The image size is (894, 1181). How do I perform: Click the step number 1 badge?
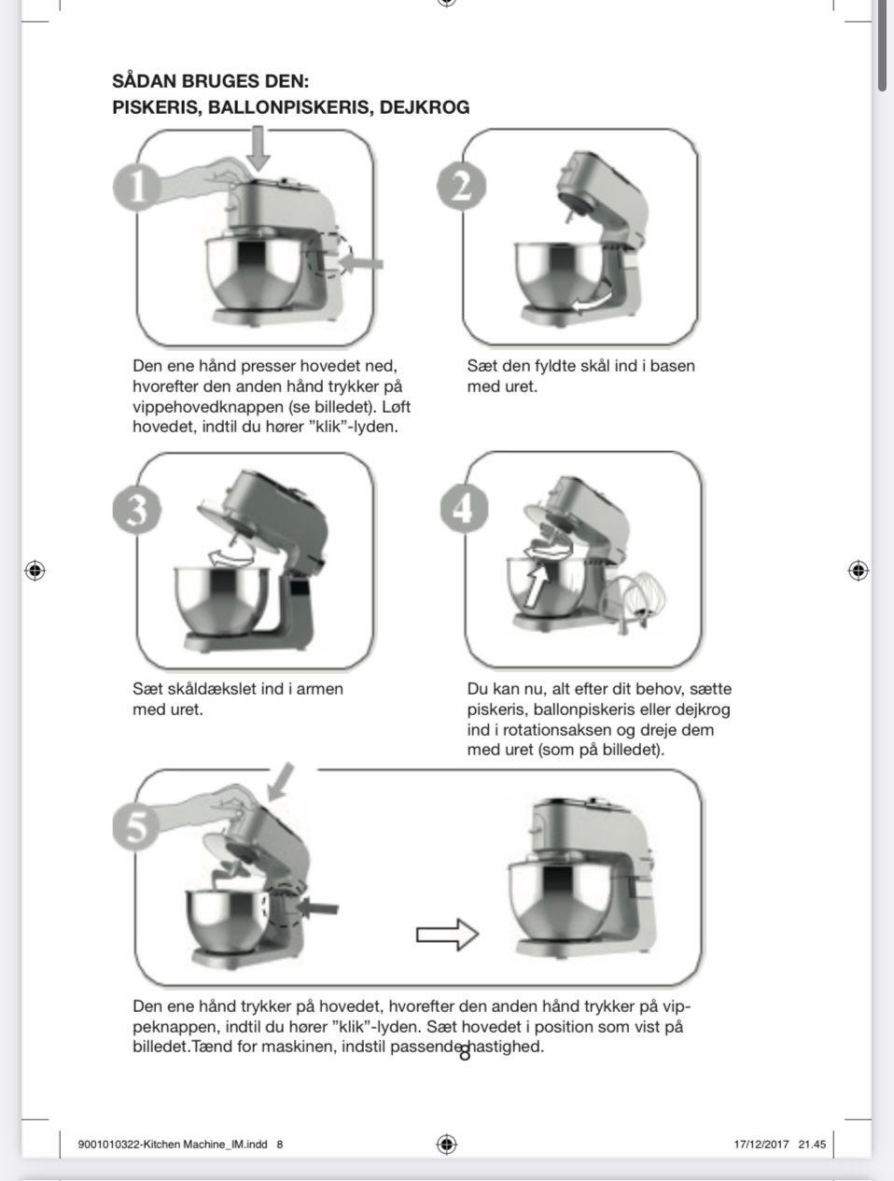point(138,187)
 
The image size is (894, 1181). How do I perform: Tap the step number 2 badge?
point(461,186)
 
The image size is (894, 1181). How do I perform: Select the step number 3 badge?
point(137,510)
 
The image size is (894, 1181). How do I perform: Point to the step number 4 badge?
point(464,508)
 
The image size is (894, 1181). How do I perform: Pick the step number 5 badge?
point(137,827)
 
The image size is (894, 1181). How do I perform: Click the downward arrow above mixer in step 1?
point(260,149)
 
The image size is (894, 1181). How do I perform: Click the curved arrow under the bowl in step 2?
point(594,302)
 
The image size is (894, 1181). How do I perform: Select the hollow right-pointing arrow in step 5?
point(446,934)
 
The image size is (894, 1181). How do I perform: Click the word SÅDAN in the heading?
point(143,81)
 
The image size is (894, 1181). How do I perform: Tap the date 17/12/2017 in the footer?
point(761,1145)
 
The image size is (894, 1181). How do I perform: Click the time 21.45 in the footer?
point(812,1145)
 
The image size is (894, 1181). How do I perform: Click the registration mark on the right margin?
point(858,570)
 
